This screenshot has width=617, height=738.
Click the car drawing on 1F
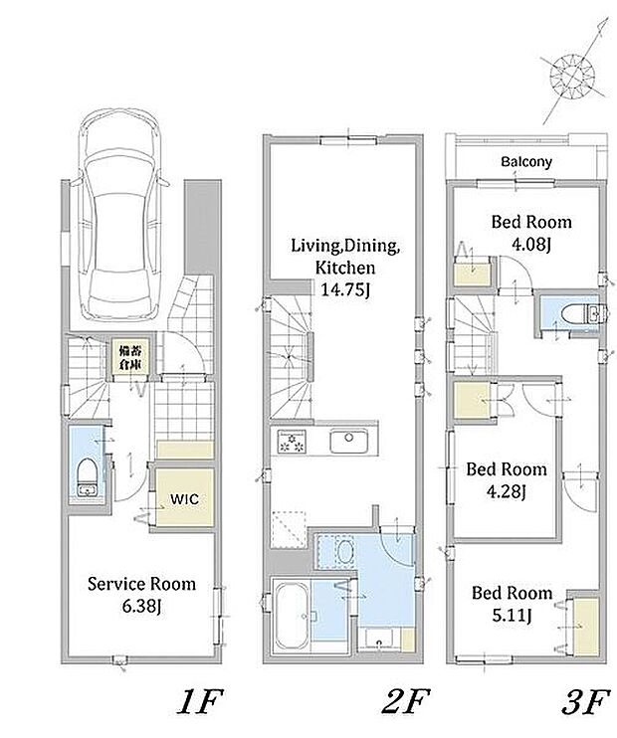(x=120, y=214)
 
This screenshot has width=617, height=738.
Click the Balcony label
(x=526, y=162)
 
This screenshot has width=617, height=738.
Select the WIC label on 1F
(x=184, y=499)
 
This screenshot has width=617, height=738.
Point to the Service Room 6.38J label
(x=141, y=595)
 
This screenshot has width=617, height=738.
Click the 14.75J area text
(x=344, y=289)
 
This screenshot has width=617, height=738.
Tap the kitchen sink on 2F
(x=348, y=442)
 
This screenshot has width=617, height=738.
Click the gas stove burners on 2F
(x=292, y=442)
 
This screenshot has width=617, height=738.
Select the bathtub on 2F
(x=292, y=616)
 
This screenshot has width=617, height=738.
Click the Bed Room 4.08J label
(x=531, y=233)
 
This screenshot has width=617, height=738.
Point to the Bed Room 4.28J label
(x=507, y=480)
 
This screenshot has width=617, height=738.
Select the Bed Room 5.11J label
(x=512, y=604)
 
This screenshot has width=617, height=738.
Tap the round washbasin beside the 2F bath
(x=344, y=551)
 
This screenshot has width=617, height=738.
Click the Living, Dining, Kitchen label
(x=345, y=257)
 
